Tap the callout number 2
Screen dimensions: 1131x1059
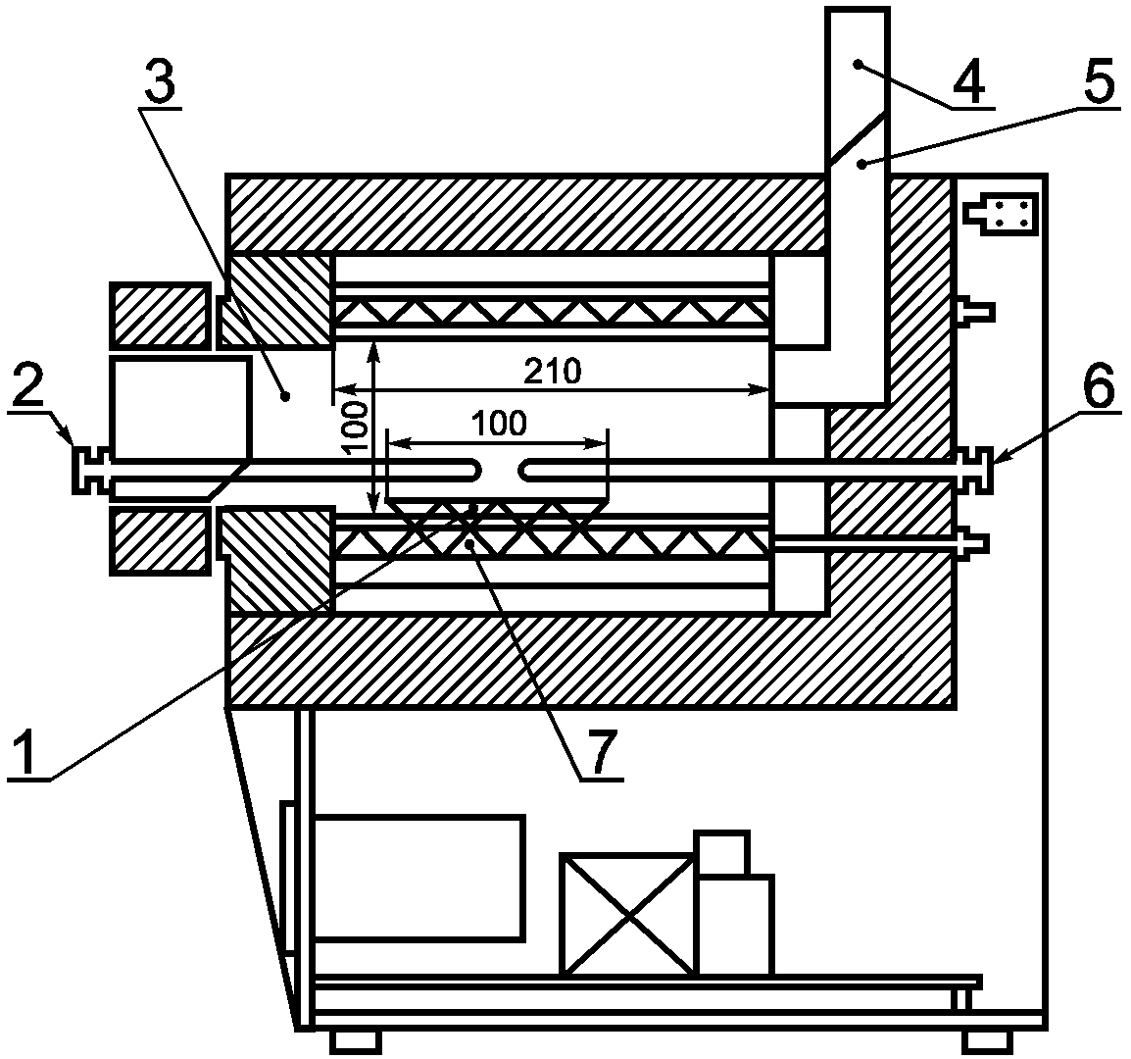pyautogui.click(x=26, y=387)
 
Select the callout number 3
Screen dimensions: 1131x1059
pyautogui.click(x=160, y=84)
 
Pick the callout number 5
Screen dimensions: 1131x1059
pyautogui.click(x=1100, y=81)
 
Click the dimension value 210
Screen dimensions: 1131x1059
pyautogui.click(x=552, y=372)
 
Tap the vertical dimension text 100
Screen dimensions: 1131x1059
pyautogui.click(x=356, y=429)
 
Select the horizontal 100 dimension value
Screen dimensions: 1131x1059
pyautogui.click(x=499, y=424)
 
